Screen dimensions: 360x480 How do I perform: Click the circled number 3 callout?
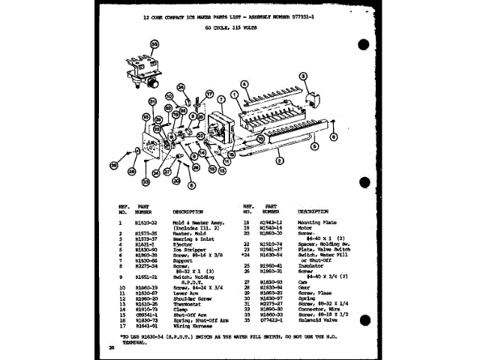pyautogui.click(x=304, y=76)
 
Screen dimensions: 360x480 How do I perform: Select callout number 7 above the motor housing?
pyautogui.click(x=221, y=99)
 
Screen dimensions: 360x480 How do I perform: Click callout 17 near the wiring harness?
pyautogui.click(x=198, y=92)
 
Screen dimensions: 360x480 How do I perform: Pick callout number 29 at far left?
pyautogui.click(x=114, y=165)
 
